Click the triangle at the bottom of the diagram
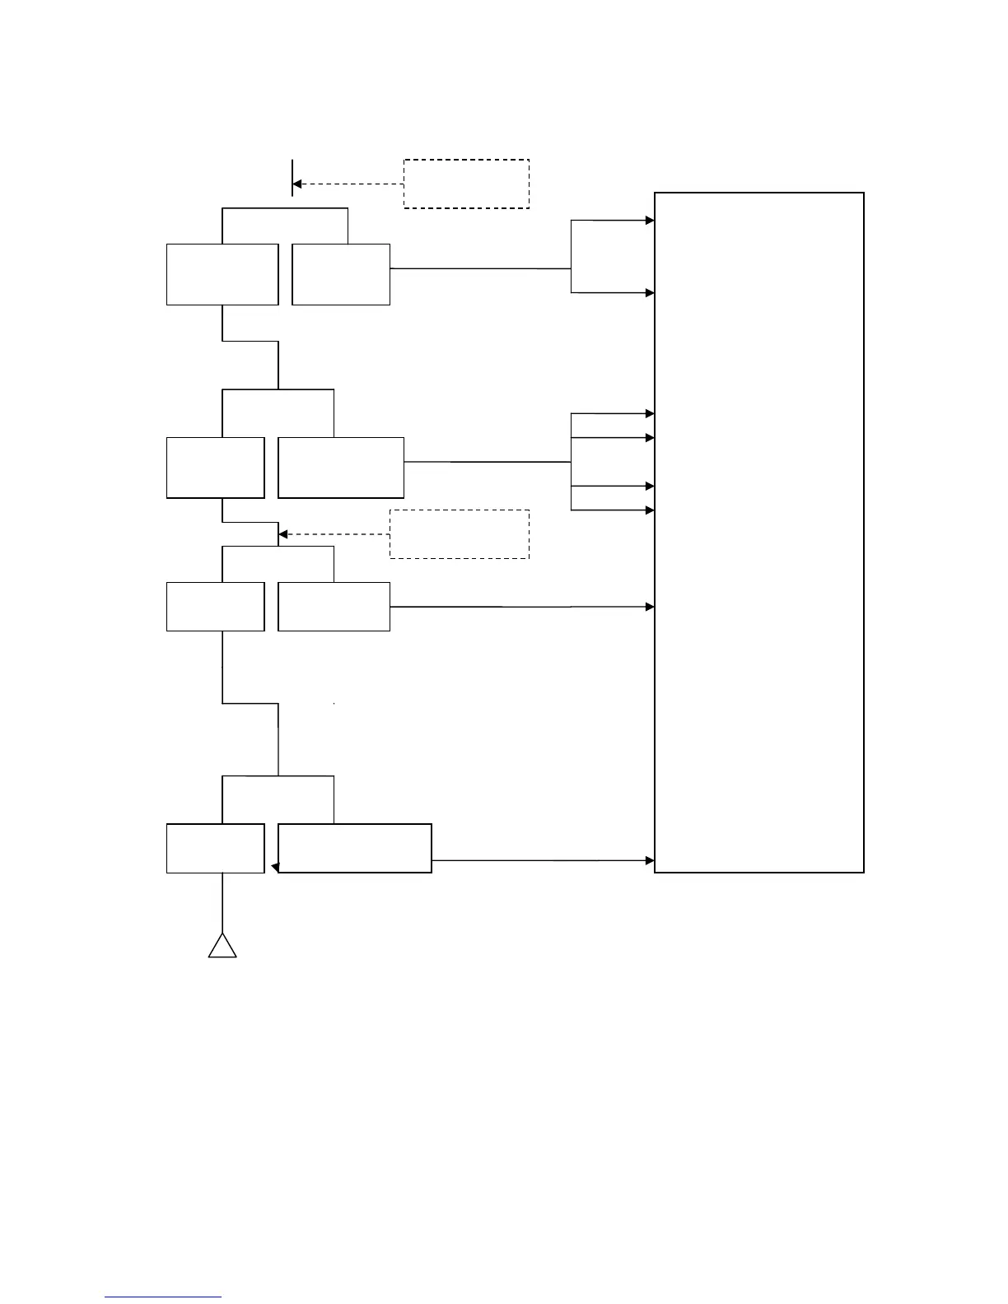click(222, 948)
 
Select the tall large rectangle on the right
click(758, 532)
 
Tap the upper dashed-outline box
click(465, 184)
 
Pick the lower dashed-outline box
click(459, 534)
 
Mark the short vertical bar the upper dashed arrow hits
click(292, 178)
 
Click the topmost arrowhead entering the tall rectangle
click(650, 221)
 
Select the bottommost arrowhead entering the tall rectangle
click(650, 860)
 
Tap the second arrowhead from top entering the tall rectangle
click(650, 293)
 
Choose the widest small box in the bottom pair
click(355, 848)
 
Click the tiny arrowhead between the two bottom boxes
click(275, 867)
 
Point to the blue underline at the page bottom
click(163, 1297)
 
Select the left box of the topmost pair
click(222, 274)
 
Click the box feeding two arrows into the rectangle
click(341, 274)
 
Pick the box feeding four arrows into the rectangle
click(341, 468)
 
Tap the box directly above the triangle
click(215, 848)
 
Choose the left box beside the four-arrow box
click(215, 468)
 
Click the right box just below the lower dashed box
click(334, 607)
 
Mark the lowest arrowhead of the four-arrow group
click(650, 510)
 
